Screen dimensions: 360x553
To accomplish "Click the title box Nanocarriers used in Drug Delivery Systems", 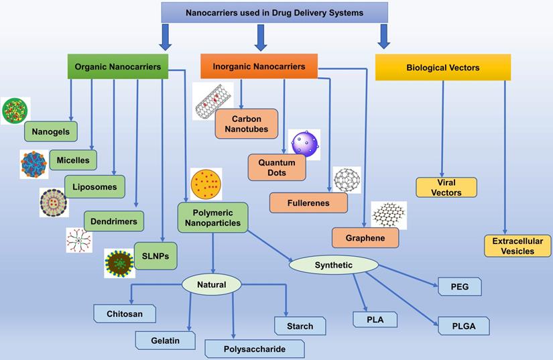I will point(275,12).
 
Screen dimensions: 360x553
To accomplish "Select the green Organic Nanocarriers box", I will point(117,67).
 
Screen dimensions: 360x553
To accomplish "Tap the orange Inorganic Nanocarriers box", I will point(259,66).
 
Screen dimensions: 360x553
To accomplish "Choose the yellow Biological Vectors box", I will point(442,68).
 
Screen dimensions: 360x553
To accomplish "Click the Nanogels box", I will point(51,131).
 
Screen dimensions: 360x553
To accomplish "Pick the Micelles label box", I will point(73,160).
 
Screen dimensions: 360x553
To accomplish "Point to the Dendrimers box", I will point(114,221).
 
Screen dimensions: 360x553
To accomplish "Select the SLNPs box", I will point(156,255).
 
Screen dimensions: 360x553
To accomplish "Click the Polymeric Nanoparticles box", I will point(213,218).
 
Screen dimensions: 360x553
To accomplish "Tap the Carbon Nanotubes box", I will point(246,123).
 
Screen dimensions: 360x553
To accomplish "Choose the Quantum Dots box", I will point(277,168).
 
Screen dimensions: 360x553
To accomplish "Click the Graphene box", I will point(365,237).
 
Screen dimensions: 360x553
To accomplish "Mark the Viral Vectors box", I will point(446,187).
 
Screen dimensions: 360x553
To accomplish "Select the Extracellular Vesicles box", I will point(517,245).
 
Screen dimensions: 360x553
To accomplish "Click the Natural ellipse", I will point(211,285).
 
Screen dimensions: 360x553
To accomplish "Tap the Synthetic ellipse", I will point(333,265).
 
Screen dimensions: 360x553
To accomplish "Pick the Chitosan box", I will point(125,313).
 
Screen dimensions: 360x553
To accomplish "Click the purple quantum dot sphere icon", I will point(305,144).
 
